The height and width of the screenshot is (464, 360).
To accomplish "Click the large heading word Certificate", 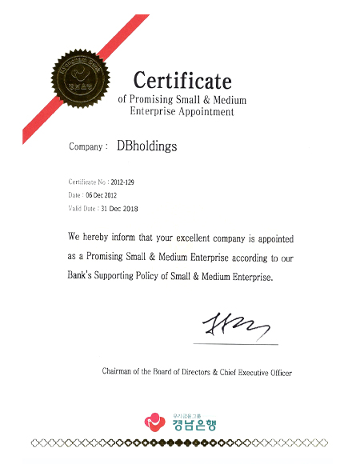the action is click(x=182, y=81).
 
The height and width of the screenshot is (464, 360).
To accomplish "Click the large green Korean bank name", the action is click(x=190, y=423).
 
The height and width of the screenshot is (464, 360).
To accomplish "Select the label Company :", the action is click(x=88, y=147).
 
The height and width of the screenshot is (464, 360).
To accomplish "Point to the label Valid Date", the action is click(x=82, y=208).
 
